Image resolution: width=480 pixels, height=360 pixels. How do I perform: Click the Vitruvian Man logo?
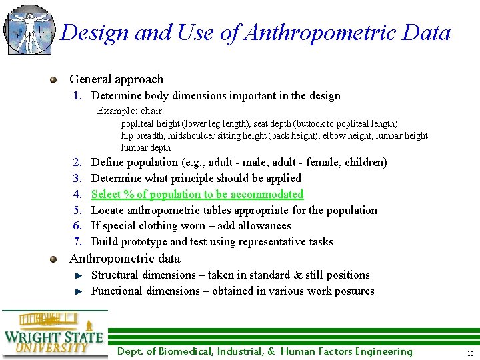point(28,29)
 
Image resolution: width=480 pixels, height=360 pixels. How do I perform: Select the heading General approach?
point(116,79)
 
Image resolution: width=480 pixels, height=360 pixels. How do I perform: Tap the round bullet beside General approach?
point(53,80)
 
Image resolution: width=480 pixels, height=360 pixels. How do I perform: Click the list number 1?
point(77,95)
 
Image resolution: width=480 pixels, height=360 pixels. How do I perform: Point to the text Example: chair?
point(129,111)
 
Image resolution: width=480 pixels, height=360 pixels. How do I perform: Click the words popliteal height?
point(145,124)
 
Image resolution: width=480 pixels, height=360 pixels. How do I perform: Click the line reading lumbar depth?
point(145,148)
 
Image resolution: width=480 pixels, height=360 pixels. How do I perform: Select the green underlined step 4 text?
point(197,194)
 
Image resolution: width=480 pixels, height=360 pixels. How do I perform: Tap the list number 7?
point(77,241)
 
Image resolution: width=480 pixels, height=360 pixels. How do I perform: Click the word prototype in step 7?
point(142,241)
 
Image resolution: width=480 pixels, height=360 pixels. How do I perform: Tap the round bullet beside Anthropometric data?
point(53,259)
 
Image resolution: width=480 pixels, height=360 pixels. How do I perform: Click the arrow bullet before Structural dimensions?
point(78,275)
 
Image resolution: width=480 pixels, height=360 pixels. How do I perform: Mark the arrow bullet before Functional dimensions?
point(78,291)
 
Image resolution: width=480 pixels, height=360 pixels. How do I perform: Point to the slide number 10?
point(470,353)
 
